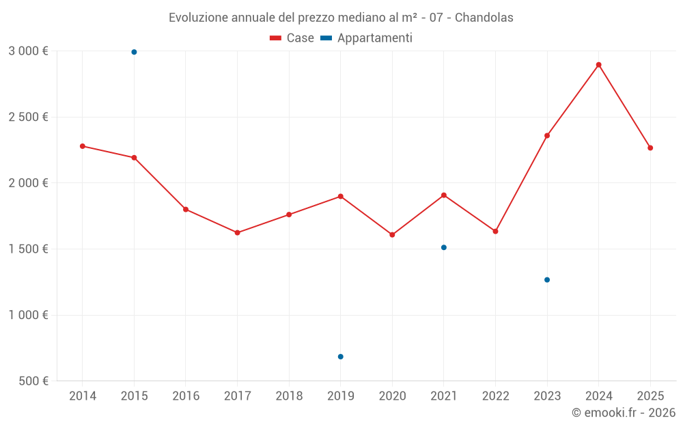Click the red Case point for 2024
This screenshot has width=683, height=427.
598,65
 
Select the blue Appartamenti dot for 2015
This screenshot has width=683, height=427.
134,52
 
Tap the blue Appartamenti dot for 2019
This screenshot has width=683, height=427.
340,357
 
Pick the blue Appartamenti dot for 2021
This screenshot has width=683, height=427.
444,247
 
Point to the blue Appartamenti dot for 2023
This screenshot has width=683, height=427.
547,279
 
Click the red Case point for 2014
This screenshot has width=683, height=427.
83,146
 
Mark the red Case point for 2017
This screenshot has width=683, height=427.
237,233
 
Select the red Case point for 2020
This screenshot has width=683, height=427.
392,234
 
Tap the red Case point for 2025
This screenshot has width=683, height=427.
650,148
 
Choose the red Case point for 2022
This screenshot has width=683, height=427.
495,231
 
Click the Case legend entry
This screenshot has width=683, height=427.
292,38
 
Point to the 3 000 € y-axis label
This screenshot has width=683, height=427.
28,51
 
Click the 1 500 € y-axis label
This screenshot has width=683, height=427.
28,249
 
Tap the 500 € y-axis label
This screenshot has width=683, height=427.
33,381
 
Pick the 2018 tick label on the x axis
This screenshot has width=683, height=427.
289,396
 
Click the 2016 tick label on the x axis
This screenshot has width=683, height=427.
186,396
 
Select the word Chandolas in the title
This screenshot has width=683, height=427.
484,18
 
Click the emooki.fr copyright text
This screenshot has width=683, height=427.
624,413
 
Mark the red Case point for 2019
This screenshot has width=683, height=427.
340,197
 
